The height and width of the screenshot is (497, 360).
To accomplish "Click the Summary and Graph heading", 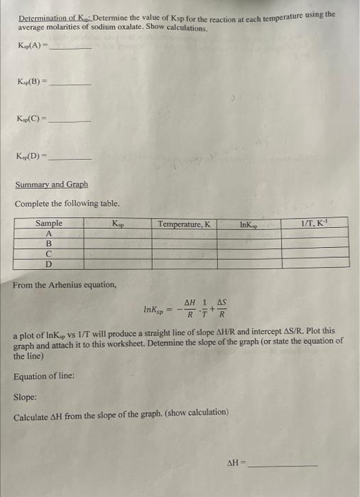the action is point(52,185).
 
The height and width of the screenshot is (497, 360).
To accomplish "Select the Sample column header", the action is point(49,224).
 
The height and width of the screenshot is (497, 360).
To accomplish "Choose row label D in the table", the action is point(49,263).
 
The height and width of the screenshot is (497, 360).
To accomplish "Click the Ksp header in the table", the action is point(117,224).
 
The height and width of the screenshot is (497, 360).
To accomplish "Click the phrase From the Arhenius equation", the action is point(65,285).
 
